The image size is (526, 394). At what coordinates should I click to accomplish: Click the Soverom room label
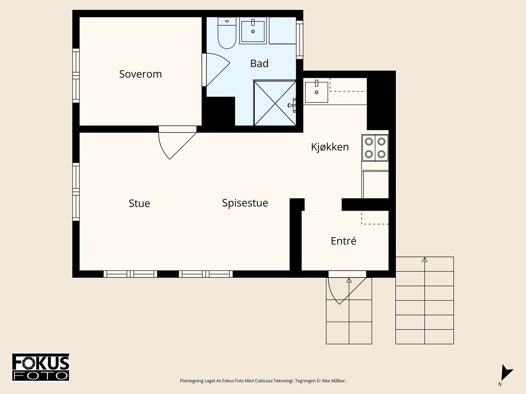[140, 74]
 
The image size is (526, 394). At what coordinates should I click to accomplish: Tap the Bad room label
[259, 63]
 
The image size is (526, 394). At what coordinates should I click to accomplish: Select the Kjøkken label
[330, 147]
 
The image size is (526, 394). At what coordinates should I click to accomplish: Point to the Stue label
[139, 203]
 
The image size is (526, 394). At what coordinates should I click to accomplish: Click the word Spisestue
[245, 203]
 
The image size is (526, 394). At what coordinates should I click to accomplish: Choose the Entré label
[344, 241]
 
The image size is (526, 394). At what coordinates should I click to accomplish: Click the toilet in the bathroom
[227, 33]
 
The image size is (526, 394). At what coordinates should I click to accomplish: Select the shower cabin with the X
[275, 103]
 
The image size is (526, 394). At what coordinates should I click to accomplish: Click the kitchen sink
[316, 92]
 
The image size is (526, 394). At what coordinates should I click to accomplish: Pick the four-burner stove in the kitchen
[375, 148]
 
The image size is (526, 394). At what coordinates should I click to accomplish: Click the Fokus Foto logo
[41, 367]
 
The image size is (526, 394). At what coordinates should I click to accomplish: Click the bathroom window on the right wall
[299, 40]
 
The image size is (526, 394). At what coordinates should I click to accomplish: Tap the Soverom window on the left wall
[76, 76]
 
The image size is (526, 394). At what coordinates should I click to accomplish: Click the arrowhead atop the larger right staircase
[425, 259]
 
